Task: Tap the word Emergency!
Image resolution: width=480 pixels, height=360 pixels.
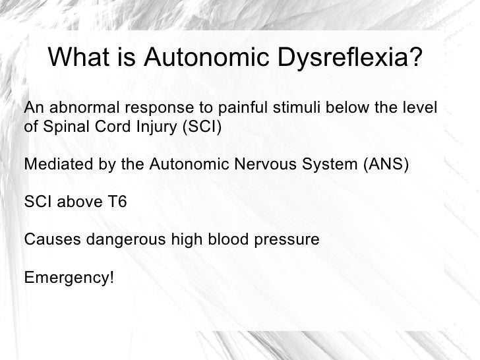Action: point(69,277)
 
